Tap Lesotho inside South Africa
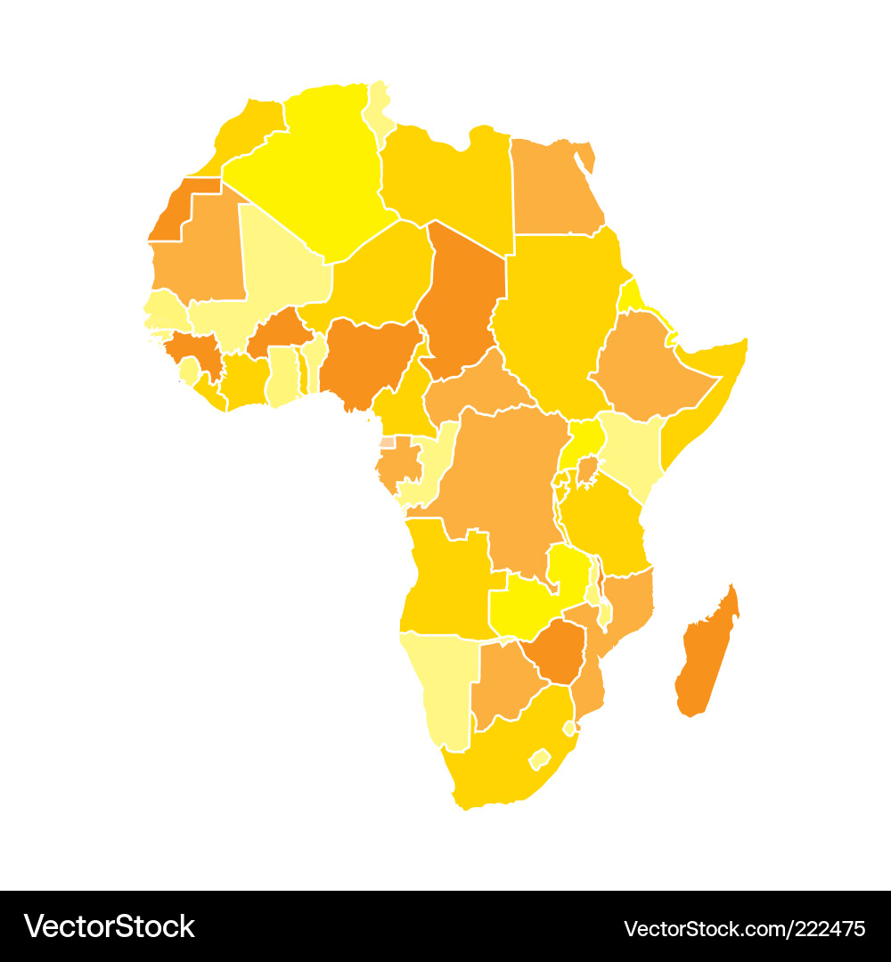539,760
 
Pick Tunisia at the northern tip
379,111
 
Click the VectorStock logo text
110,926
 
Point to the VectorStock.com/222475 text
744,927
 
